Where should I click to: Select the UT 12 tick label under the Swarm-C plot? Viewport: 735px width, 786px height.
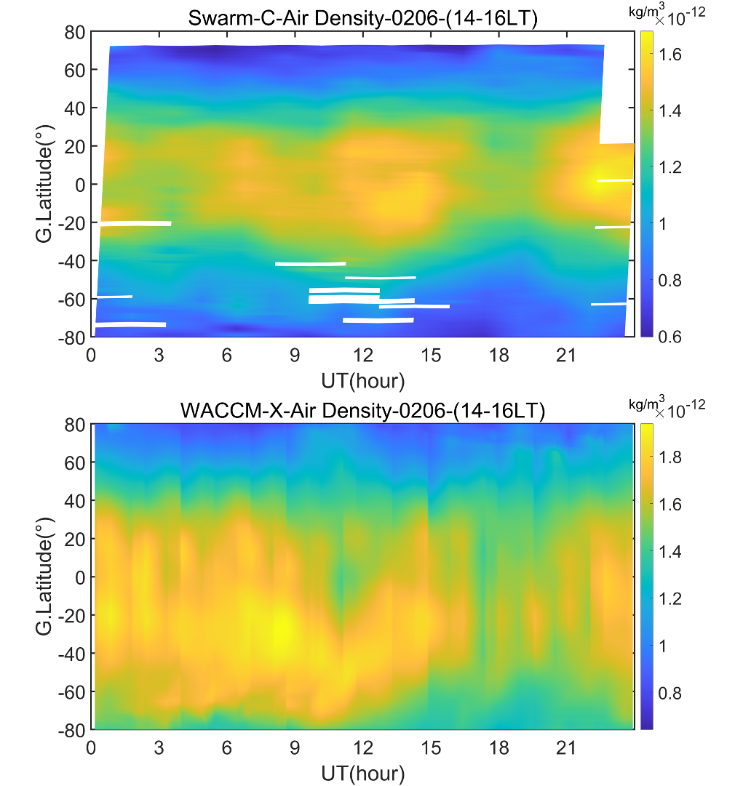click(362, 356)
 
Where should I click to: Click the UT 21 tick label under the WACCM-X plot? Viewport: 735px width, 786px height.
click(565, 748)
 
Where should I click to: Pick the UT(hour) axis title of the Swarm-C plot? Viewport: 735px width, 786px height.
click(362, 380)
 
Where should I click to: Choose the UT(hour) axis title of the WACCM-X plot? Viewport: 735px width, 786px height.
click(362, 772)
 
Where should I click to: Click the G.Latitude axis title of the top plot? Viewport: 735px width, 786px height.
click(45, 184)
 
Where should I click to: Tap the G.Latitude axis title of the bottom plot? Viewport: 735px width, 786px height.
click(45, 577)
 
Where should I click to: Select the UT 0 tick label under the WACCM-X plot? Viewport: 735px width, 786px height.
click(92, 748)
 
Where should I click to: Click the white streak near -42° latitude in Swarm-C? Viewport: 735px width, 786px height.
click(310, 263)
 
